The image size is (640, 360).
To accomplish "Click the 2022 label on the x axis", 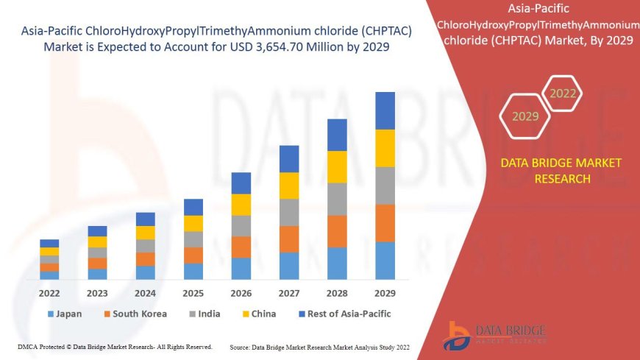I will click(49, 292).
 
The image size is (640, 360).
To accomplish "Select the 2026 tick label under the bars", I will click(241, 292).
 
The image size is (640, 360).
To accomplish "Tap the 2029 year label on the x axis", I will click(385, 292).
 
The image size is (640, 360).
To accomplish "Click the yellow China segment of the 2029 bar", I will click(385, 148).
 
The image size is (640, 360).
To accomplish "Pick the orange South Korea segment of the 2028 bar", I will click(337, 231).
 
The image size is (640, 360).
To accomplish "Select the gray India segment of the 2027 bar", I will click(289, 212).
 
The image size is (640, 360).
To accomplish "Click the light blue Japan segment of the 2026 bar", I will click(241, 268).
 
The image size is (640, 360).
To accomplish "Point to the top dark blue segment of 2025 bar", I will click(193, 207).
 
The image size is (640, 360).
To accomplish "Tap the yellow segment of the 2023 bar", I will click(97, 241).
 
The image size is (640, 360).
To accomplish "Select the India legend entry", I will click(204, 314).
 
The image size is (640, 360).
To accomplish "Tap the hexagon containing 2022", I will click(563, 93).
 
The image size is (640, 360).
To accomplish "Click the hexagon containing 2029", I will click(525, 116).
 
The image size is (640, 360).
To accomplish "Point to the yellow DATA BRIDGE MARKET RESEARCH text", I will click(561, 170).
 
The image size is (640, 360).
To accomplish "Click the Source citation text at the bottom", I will click(319, 346).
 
